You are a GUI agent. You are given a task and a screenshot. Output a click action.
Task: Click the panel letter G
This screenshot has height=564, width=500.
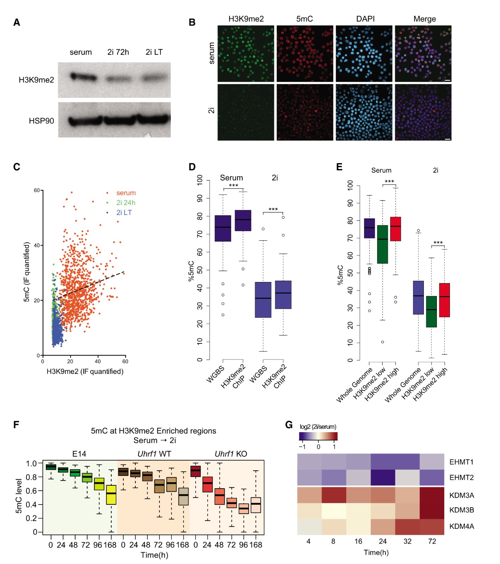[289, 425]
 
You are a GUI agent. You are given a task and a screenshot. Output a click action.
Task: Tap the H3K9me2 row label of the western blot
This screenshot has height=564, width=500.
[36, 80]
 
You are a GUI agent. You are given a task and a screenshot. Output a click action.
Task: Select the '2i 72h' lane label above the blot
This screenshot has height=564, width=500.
[118, 52]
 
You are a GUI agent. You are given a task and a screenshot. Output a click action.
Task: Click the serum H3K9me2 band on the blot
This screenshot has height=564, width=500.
[83, 77]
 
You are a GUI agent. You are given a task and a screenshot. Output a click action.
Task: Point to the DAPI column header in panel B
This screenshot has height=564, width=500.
[365, 19]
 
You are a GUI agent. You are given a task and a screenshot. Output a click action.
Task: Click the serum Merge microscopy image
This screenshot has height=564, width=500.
[423, 54]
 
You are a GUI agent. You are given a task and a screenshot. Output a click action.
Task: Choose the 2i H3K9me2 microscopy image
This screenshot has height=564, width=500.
[246, 112]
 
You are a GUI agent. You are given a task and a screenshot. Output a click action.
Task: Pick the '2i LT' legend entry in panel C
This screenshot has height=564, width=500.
[124, 213]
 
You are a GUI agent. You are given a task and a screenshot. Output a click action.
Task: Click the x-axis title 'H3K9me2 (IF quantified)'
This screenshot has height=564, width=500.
[85, 372]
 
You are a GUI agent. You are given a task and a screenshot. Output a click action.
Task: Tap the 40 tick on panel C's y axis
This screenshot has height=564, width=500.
[37, 245]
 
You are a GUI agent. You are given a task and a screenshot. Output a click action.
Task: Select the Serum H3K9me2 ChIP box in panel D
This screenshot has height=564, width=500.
[243, 221]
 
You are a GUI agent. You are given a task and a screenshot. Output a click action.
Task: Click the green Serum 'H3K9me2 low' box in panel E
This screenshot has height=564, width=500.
[383, 244]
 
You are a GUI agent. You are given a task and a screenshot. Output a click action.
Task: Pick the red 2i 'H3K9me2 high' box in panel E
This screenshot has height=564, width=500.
[444, 300]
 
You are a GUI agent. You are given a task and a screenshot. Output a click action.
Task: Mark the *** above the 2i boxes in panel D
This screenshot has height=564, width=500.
[273, 209]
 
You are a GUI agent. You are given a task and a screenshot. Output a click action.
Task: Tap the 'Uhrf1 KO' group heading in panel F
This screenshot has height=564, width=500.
[231, 454]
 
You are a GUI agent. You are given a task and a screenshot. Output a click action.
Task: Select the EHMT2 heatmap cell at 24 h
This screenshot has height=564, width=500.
[383, 478]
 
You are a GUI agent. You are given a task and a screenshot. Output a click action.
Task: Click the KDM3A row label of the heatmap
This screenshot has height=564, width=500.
[462, 495]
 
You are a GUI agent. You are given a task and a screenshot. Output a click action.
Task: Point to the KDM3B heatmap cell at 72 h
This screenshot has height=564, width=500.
[432, 510]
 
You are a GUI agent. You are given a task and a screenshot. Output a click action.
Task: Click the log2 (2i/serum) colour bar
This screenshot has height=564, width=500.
[318, 436]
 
